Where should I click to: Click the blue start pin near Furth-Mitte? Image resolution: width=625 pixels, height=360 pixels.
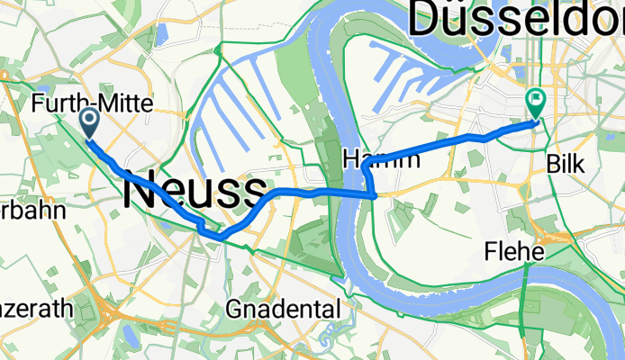pos(90,121)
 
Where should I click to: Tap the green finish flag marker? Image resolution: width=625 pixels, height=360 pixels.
pos(536,103)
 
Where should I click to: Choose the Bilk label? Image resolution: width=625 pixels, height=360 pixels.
pos(566,165)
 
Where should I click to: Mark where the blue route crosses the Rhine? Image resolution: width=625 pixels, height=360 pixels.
pos(347,192)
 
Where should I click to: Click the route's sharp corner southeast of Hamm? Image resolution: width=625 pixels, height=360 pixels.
pos(375,193)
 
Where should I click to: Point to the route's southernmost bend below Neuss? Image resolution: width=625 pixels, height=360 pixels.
pos(217,237)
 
